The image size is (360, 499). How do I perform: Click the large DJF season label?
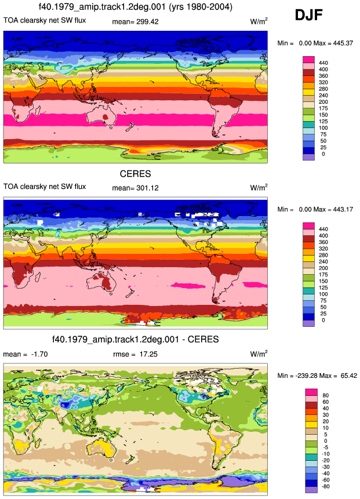tap(309, 15)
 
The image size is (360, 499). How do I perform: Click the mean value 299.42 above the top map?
tap(147, 21)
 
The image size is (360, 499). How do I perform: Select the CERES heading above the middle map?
tap(135, 174)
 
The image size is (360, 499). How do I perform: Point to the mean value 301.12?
tap(147, 188)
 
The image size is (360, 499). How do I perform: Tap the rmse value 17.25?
tap(148, 354)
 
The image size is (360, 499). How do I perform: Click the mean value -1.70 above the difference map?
tap(39, 354)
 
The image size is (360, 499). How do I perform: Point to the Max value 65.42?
tap(348, 376)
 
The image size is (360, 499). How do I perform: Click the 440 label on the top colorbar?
tap(323, 63)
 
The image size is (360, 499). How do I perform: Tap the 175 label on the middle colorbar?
tap(323, 275)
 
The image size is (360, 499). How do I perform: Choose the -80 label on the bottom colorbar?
tap(326, 486)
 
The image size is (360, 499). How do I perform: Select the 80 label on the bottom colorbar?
tap(326, 395)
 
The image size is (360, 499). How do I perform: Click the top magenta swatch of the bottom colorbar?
tap(311, 392)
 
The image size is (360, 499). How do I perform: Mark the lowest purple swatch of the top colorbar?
tap(308, 157)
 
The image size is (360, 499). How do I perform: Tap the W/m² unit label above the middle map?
tap(259, 187)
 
